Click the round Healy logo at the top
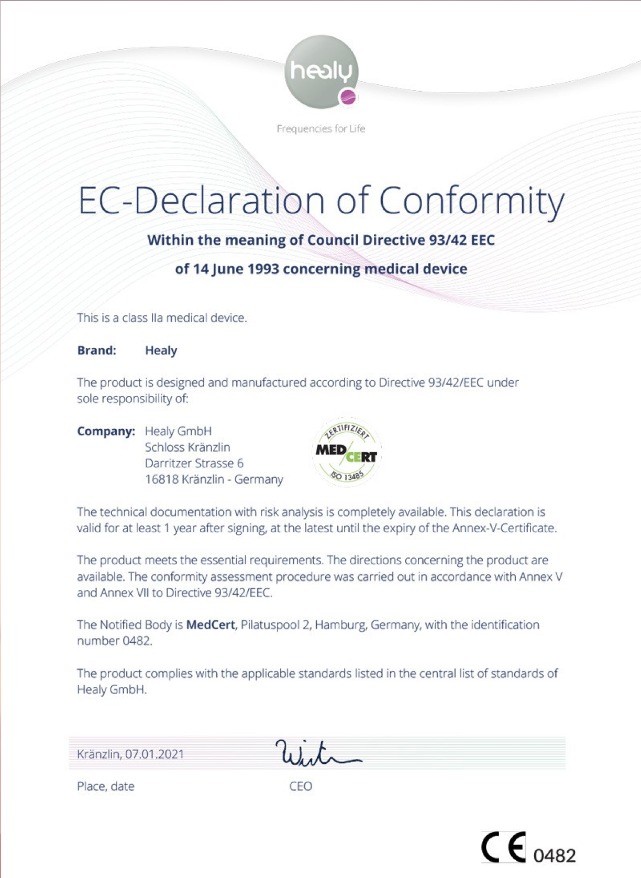(x=321, y=72)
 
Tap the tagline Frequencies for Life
(x=320, y=129)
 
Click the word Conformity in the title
(x=471, y=201)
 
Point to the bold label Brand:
(x=97, y=350)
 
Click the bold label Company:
(x=106, y=431)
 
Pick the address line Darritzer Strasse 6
(x=194, y=463)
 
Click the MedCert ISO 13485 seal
(x=347, y=452)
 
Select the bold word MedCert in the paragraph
(x=211, y=625)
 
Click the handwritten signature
(x=317, y=753)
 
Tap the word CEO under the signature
(x=301, y=786)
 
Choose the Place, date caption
(x=106, y=786)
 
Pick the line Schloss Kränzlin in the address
(x=187, y=447)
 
